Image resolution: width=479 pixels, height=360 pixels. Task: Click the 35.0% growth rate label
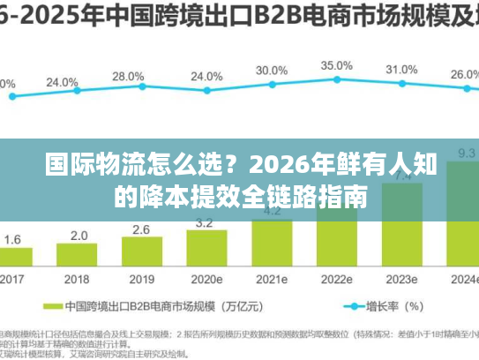(336, 65)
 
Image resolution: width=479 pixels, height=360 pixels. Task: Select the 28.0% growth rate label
(128, 76)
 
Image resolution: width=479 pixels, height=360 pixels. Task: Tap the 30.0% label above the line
(271, 70)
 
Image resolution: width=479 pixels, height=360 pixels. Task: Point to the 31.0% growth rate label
(401, 69)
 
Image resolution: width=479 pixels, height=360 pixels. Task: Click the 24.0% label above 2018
(62, 82)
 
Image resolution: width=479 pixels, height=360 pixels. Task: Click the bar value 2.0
(79, 236)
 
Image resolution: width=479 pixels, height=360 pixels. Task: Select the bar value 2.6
(141, 229)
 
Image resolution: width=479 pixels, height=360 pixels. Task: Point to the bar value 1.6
(13, 239)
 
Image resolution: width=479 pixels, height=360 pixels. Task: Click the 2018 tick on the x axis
(79, 279)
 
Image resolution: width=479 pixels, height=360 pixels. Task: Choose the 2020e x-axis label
(206, 279)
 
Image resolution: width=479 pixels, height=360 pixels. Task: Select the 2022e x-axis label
(336, 279)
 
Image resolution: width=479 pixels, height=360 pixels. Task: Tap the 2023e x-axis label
(401, 279)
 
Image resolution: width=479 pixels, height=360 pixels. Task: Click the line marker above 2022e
(336, 81)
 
